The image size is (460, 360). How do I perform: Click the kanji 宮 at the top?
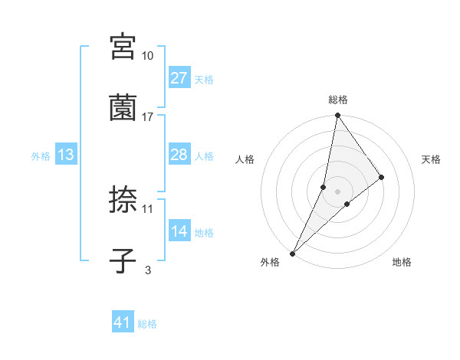[123, 47]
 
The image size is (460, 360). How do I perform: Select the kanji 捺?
[123, 201]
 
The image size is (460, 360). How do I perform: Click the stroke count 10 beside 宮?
[148, 56]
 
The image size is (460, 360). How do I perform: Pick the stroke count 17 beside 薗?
[148, 116]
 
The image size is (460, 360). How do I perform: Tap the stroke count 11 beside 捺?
[148, 208]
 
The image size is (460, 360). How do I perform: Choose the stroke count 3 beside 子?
[147, 269]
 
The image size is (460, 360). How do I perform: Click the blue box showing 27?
[179, 78]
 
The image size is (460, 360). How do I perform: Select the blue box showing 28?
[179, 155]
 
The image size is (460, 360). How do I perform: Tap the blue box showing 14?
[179, 231]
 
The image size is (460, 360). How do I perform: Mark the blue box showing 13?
[66, 155]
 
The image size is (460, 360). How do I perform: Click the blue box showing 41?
[123, 323]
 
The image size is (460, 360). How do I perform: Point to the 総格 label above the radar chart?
[338, 100]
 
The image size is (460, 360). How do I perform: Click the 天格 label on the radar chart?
[431, 159]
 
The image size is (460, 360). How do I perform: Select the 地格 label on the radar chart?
[402, 262]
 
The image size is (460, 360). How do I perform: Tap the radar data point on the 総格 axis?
[338, 116]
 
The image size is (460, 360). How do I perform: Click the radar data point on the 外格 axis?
[293, 252]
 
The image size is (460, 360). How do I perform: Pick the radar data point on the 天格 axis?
[382, 177]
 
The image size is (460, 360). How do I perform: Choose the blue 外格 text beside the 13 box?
[41, 155]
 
